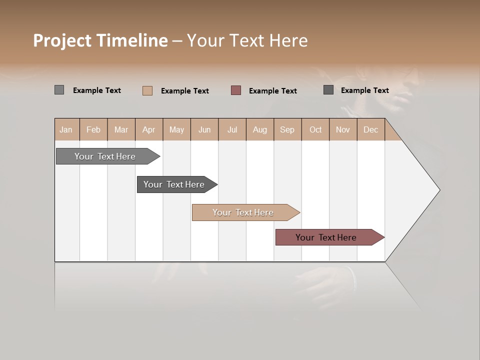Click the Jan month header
pos(66,129)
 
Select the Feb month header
pos(93,129)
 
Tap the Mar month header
pos(121,129)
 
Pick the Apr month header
pos(149,129)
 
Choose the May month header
pos(176,129)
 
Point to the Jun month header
pos(204,129)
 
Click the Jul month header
pos(232,129)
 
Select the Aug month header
pos(260,129)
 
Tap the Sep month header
pos(287,129)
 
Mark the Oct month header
pos(315,129)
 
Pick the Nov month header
pos(343,129)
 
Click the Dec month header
pos(371,129)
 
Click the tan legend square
pos(147,90)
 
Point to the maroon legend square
pos(236,90)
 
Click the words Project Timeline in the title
pos(100,40)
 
